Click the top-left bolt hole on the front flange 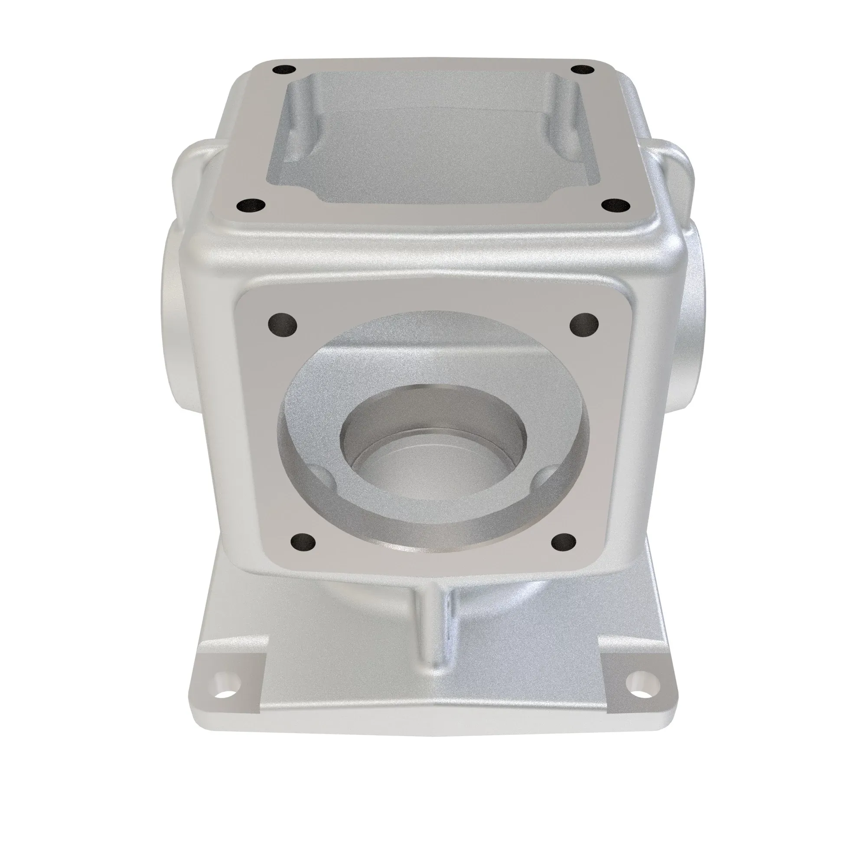click(x=282, y=323)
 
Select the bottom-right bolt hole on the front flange click(x=563, y=541)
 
